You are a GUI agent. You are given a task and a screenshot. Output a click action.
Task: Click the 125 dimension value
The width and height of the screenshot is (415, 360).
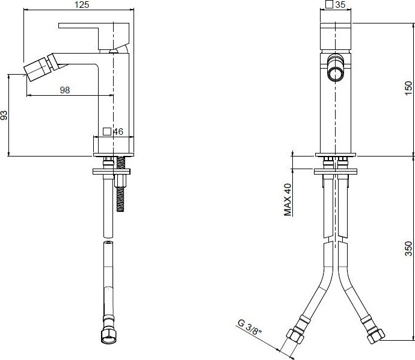coord(82,4)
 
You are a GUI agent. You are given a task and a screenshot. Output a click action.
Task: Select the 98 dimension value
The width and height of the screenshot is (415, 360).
coord(65,90)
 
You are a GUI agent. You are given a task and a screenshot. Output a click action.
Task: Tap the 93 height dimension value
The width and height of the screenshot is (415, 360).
coord(4,115)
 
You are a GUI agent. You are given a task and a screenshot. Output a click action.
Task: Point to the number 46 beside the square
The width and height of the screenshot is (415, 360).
coord(118,131)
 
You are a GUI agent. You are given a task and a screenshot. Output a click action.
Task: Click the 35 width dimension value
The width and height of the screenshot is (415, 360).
coord(340,4)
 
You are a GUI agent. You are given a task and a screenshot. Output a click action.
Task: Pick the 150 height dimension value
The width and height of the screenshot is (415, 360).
coord(408,88)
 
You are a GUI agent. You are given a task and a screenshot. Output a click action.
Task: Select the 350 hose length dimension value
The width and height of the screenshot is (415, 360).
coord(408,249)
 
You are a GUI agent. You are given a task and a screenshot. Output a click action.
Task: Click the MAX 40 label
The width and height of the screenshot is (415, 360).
coord(287,200)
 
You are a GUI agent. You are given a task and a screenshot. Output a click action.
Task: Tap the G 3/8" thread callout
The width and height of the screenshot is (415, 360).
coord(250,327)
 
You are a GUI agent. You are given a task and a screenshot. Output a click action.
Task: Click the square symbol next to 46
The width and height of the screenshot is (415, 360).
coord(107,131)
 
